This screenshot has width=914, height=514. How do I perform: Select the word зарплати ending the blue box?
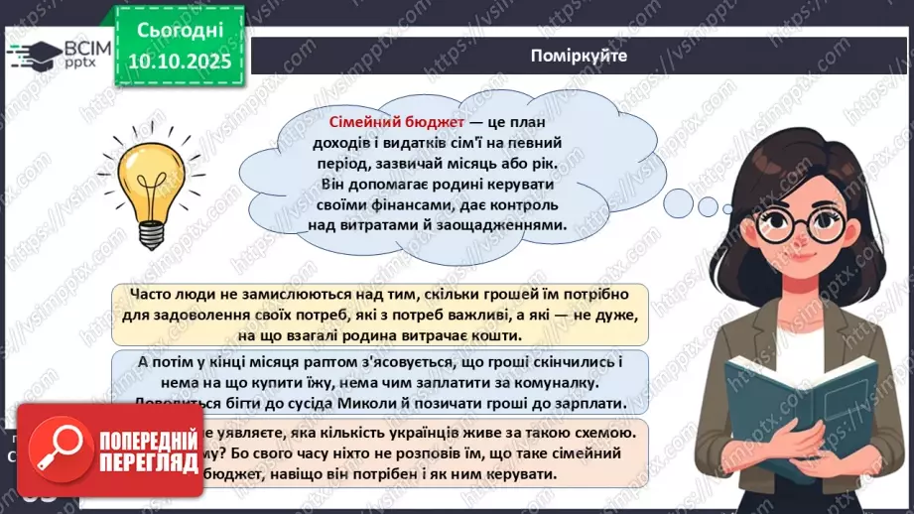[596, 404]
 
